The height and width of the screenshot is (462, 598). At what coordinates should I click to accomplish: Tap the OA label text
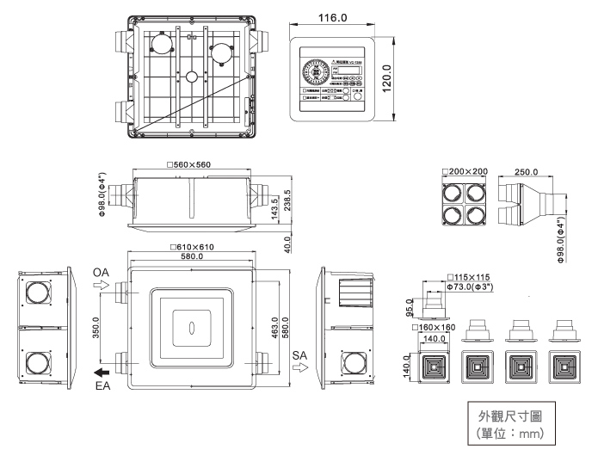click(101, 273)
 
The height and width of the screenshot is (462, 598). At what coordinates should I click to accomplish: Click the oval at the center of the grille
click(192, 328)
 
